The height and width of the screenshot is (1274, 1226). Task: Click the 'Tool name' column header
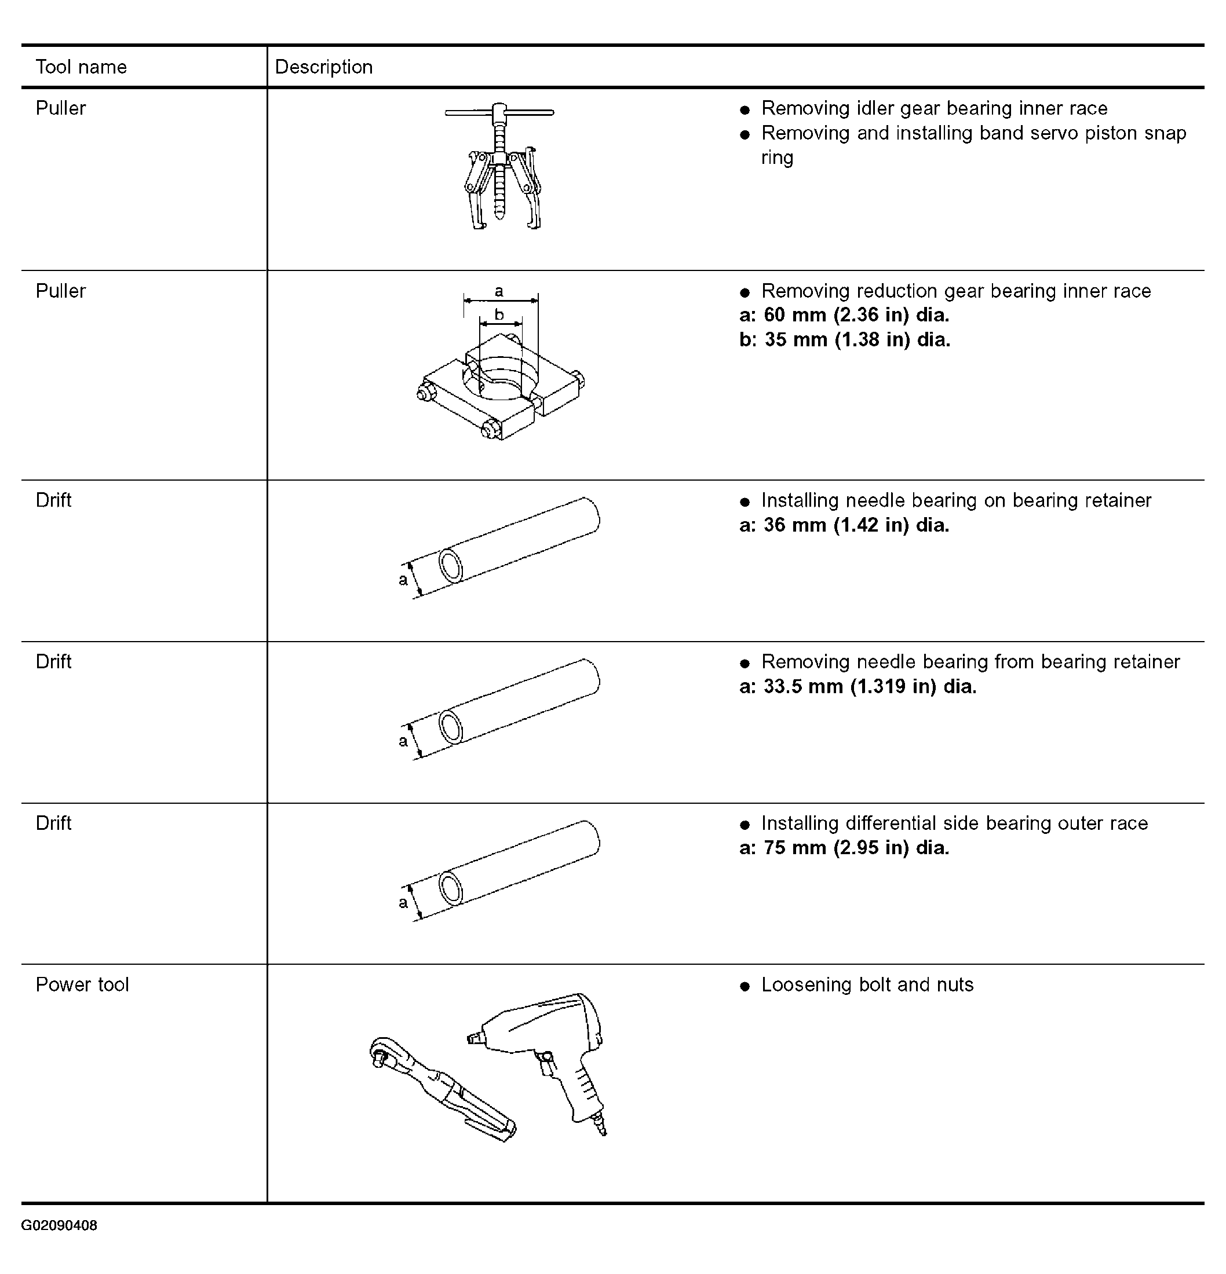click(x=81, y=67)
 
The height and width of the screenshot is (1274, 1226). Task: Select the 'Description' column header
click(x=323, y=67)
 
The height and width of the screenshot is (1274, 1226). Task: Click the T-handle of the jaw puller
click(x=499, y=112)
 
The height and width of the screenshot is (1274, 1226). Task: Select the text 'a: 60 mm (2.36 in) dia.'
click(x=844, y=315)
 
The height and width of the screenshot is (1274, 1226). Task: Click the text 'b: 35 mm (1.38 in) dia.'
click(x=844, y=340)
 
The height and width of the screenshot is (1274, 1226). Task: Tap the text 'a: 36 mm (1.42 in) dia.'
click(x=844, y=525)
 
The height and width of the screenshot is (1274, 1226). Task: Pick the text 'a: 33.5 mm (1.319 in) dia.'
click(x=858, y=686)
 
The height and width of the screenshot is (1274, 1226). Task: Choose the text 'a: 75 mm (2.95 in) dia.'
click(x=844, y=848)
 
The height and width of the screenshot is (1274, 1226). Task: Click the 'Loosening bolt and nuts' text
click(x=867, y=985)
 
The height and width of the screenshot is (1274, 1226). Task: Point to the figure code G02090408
click(x=59, y=1226)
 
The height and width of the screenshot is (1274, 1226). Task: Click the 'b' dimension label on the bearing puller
click(x=499, y=314)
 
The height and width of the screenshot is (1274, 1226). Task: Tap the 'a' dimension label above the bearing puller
click(x=499, y=291)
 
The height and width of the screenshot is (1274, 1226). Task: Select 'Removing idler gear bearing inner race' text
click(x=934, y=108)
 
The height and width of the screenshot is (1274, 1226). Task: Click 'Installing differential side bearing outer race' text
click(x=954, y=823)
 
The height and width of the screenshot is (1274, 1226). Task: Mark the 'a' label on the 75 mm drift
click(x=403, y=902)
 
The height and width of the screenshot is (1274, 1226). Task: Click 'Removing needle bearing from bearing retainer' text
click(x=970, y=662)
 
